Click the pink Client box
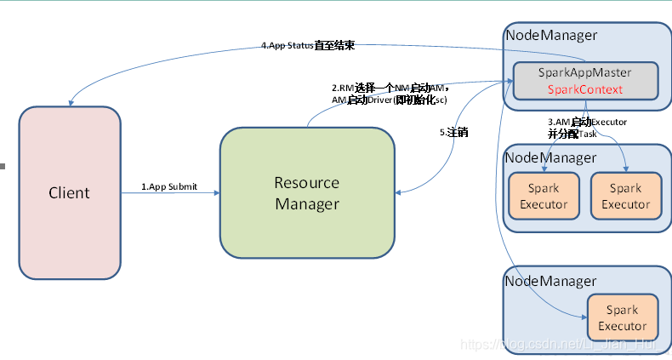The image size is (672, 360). (69, 192)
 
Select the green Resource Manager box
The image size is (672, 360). (306, 193)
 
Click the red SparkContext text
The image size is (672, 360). (585, 89)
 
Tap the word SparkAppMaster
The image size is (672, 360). (585, 73)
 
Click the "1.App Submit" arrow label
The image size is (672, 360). (169, 186)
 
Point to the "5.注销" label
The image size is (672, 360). (453, 133)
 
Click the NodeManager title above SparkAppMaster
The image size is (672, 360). (551, 35)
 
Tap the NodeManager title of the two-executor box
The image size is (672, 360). (551, 157)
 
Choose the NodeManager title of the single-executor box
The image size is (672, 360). (551, 280)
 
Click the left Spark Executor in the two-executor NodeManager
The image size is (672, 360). (544, 196)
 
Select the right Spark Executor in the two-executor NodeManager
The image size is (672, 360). (625, 196)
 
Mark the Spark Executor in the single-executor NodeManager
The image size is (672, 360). (622, 318)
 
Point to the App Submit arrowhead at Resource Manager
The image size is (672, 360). (216, 193)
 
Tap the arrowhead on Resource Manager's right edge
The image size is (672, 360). (399, 193)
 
